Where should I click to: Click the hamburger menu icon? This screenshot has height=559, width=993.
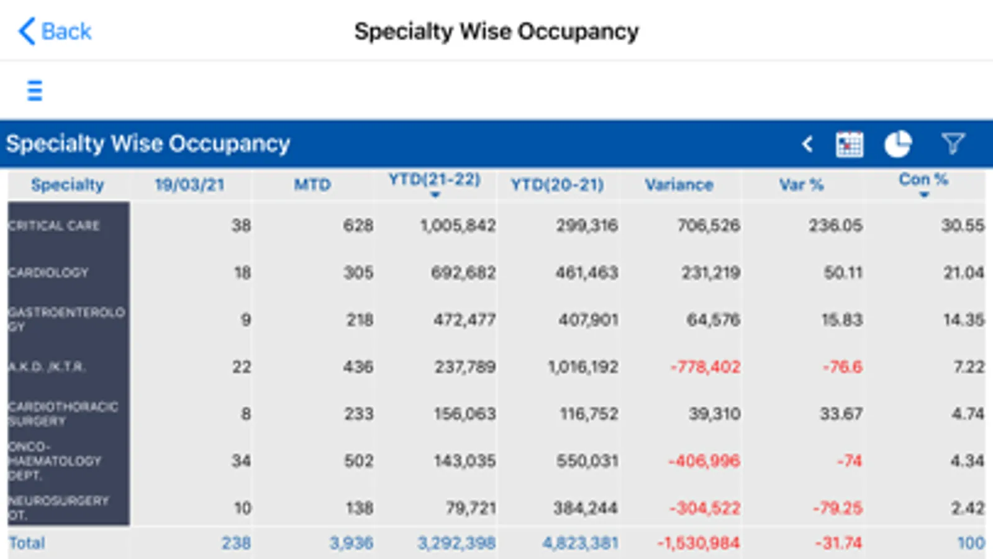click(35, 91)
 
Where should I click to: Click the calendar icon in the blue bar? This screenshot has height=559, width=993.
click(849, 145)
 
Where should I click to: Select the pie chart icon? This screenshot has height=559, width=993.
click(897, 145)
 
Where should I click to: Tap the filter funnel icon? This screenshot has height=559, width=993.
click(953, 144)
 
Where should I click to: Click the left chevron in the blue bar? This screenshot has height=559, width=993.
click(807, 145)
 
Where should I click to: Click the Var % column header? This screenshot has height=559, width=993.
click(801, 184)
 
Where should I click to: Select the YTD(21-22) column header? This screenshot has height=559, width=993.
click(435, 181)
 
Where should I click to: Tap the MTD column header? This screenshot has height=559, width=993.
click(312, 184)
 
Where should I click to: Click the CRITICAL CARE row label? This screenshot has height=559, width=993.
click(55, 225)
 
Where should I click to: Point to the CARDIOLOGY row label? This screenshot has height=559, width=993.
click(48, 273)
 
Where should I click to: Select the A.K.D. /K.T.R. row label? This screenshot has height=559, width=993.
click(47, 367)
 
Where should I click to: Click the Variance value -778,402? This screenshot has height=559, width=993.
click(705, 367)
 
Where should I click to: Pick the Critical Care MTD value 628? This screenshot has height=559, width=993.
click(358, 225)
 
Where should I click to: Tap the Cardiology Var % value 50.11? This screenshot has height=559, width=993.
click(843, 273)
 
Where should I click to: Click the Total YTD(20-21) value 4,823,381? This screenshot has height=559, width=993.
click(581, 543)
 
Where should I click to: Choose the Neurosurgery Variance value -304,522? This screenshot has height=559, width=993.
click(705, 508)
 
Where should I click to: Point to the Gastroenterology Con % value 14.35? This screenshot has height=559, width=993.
click(964, 320)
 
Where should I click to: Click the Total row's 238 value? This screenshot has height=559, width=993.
click(236, 543)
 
